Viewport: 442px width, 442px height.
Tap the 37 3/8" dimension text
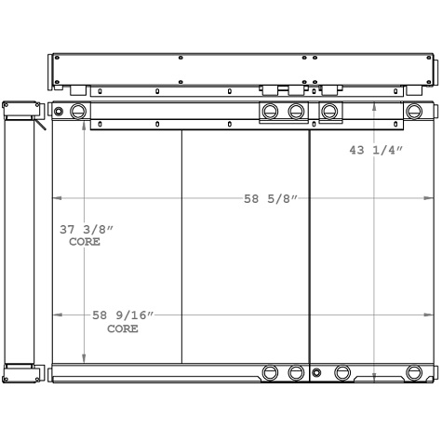click(85, 229)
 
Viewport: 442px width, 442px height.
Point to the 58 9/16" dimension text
click(122, 316)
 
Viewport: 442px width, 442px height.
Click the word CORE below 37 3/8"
click(85, 242)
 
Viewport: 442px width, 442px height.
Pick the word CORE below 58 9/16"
click(122, 328)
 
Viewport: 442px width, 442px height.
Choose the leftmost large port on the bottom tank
click(270, 373)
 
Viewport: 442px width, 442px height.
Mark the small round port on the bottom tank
click(316, 373)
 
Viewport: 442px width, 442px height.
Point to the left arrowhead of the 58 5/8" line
click(56, 198)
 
